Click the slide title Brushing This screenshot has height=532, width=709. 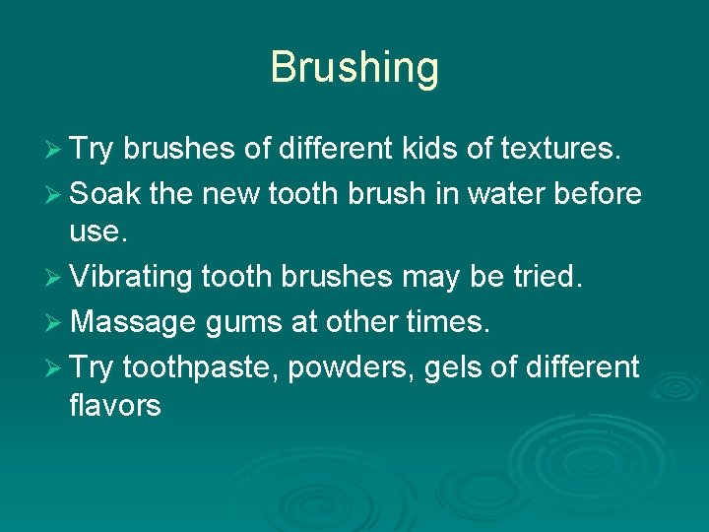354,68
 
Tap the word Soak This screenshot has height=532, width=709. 106,193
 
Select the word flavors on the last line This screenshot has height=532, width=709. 115,405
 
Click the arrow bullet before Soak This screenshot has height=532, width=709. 55,194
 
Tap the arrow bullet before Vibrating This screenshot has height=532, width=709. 55,279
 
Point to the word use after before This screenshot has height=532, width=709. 96,233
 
